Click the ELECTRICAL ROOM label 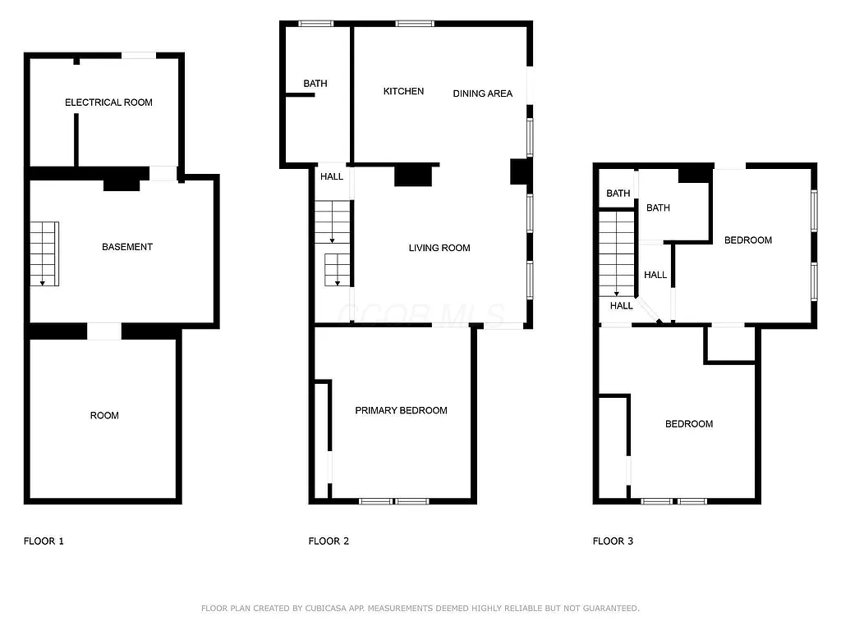(108, 103)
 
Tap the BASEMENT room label (127, 247)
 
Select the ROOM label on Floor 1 (104, 416)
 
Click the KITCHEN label (403, 91)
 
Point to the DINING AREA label (483, 94)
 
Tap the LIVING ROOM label (439, 248)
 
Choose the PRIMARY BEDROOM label (401, 410)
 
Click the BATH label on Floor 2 (315, 84)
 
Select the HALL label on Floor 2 (332, 176)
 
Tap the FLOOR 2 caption (329, 541)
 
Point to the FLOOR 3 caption (613, 541)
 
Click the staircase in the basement (44, 253)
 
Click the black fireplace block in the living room (413, 176)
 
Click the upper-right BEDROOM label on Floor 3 (747, 240)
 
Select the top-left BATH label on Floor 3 (618, 194)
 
